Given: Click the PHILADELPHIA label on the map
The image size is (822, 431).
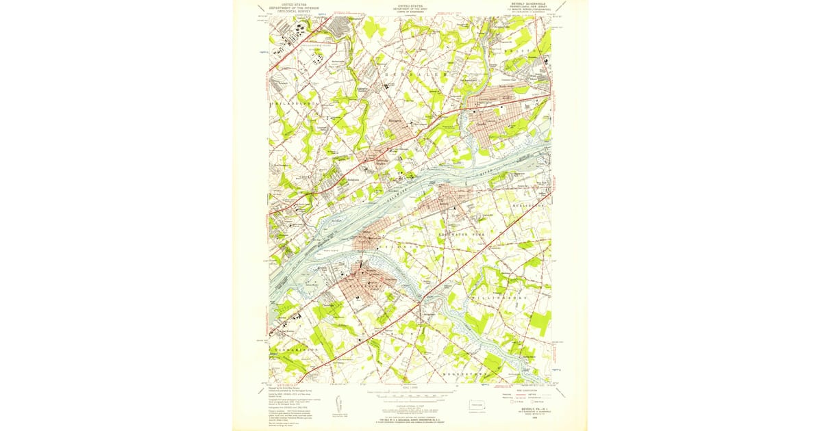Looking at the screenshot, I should (x=296, y=103).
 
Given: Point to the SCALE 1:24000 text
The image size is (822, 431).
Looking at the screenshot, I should (x=410, y=391).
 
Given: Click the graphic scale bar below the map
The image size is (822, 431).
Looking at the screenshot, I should (x=410, y=396).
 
